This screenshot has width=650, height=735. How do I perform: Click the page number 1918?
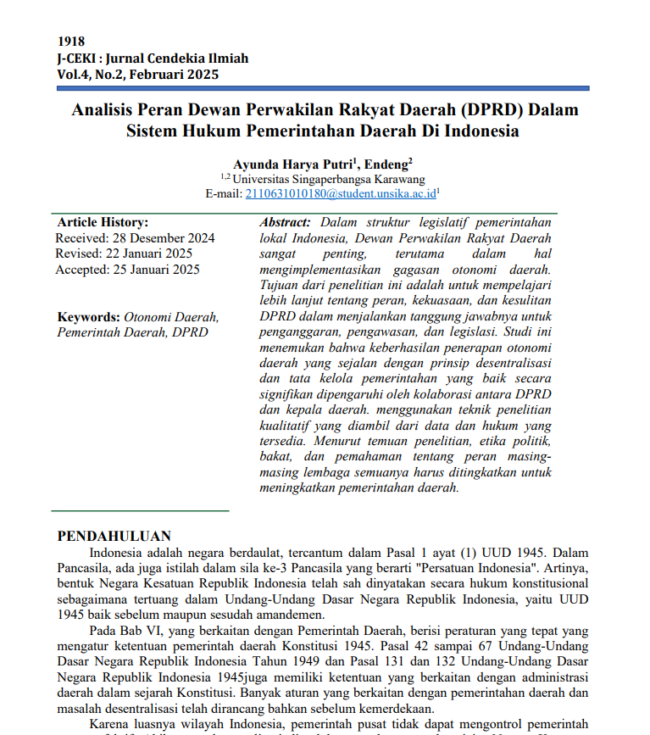point(70,42)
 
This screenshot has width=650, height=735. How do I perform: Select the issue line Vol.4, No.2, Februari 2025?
point(137,74)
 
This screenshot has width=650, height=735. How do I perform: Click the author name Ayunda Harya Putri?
point(290,164)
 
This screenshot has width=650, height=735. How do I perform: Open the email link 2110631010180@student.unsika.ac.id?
point(340,193)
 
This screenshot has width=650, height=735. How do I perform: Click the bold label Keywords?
point(88,317)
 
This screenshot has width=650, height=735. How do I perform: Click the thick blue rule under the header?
point(323,88)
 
